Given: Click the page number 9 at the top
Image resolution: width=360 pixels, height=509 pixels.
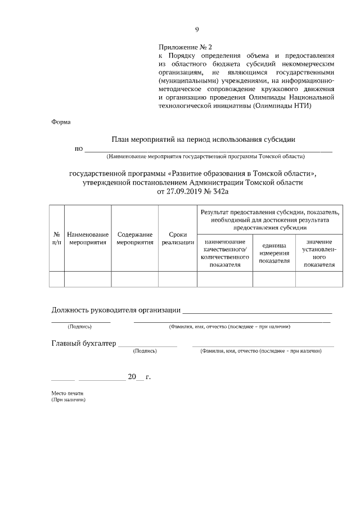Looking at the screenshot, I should (197, 30).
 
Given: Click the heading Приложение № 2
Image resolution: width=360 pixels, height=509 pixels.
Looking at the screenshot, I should (185, 48).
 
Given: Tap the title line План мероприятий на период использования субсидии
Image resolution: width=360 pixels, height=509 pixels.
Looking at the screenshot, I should (203, 139).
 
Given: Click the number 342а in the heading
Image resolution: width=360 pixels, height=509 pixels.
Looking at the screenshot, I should (220, 191).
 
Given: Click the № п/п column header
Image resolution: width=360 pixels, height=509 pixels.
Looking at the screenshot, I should (57, 238).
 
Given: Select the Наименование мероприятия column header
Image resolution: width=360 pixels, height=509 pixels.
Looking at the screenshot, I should (88, 238).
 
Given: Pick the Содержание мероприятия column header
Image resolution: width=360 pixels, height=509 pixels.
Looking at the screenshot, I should (135, 238).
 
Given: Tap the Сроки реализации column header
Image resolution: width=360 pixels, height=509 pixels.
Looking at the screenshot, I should (177, 238).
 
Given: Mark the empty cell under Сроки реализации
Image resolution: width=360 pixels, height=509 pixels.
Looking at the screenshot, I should (177, 279).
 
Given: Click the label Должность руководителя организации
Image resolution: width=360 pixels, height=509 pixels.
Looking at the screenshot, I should (116, 309).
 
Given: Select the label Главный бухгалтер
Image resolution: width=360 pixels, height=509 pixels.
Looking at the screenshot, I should (83, 343).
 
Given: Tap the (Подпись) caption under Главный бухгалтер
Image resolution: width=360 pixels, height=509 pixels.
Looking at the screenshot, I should (145, 351).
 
